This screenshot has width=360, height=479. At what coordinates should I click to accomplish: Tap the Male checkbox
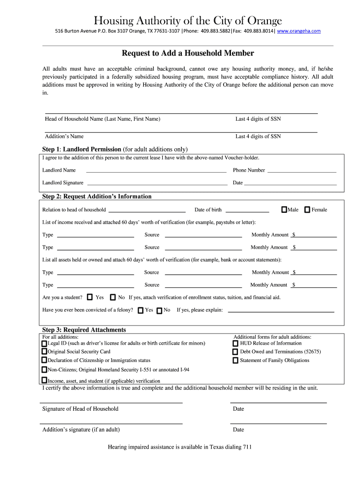284,210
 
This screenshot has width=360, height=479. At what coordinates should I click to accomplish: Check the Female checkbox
307,210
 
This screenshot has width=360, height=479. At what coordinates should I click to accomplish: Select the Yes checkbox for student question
90,297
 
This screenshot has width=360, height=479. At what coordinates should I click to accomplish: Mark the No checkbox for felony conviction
159,310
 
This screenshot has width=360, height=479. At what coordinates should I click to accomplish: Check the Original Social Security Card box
44,351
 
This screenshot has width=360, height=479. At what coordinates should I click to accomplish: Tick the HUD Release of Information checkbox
235,343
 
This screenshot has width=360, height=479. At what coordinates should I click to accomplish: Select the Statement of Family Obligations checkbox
235,361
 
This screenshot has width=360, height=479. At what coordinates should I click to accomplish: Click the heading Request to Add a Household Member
188,53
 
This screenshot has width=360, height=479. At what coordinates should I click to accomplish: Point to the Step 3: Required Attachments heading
84,330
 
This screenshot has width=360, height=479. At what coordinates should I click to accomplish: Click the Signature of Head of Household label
80,409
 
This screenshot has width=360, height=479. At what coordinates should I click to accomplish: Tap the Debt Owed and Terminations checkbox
235,352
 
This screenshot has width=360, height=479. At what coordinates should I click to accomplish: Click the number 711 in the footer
247,447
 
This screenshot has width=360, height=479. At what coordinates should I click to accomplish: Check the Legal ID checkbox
44,343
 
